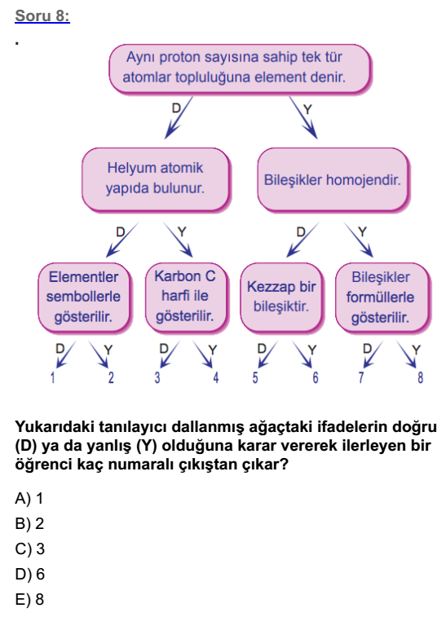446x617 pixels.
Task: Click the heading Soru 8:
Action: pos(42,15)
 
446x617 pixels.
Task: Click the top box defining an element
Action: pos(240,68)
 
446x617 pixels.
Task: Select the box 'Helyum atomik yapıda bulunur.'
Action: pos(156,179)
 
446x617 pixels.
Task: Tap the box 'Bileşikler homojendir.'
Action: pos(333,179)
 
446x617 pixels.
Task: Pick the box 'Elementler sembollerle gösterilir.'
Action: pos(84,297)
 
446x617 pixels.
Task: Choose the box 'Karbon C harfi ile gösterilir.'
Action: pos(186,297)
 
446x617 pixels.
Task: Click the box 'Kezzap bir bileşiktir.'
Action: pos(281,297)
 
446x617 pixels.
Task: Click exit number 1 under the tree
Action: pos(53,377)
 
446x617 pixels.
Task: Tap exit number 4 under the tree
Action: pos(216,377)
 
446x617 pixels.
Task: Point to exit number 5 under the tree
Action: pos(255,377)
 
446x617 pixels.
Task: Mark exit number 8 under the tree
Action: pos(421,377)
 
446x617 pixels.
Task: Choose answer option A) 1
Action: pos(29,499)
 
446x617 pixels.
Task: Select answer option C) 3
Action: pos(29,549)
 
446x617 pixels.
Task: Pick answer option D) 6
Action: pos(29,574)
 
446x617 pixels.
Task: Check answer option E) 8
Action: pos(29,599)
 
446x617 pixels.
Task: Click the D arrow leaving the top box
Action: pos(179,117)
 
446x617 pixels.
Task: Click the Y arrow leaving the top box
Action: pos(303,117)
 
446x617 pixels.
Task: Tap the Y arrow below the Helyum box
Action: pos(178,240)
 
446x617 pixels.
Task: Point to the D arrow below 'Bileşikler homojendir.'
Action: pos(302,240)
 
